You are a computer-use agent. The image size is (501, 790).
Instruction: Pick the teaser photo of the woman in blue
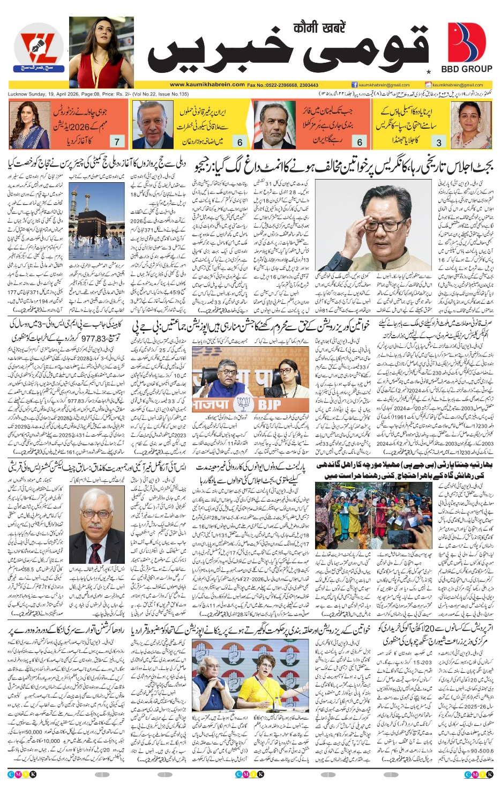tap(27, 125)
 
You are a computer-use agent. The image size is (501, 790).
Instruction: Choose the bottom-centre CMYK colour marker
tap(250, 774)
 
